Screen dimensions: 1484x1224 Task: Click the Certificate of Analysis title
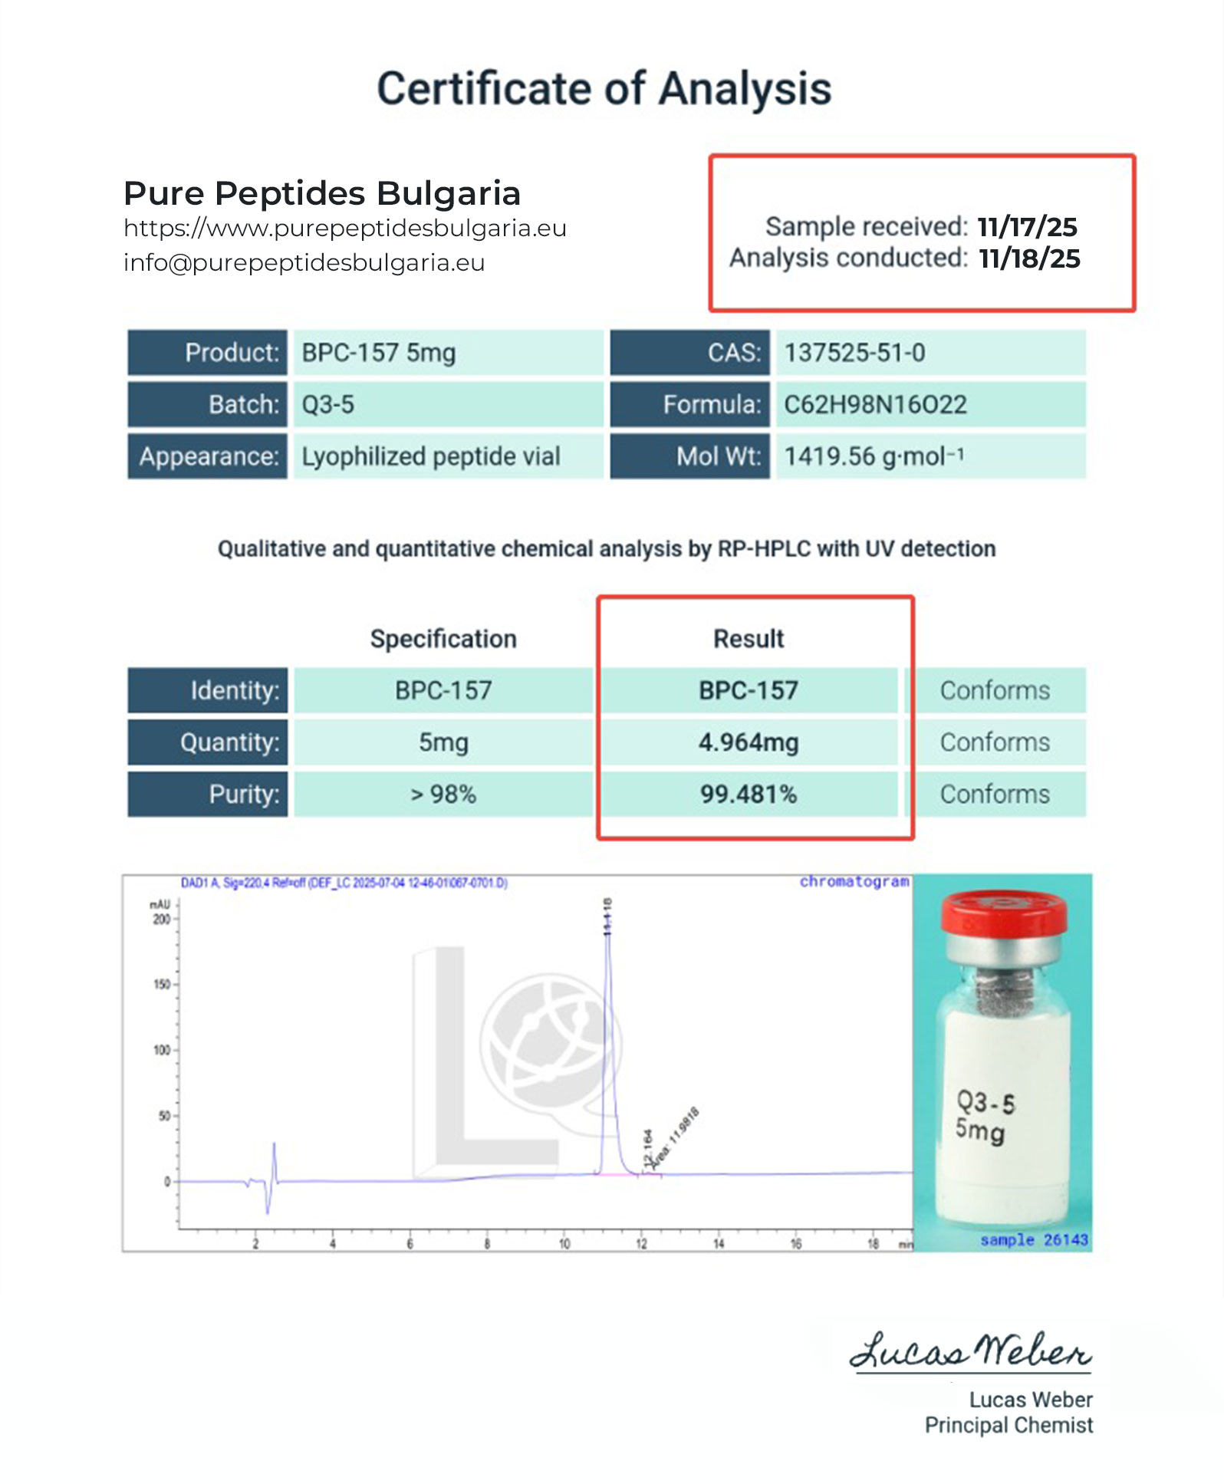[x=604, y=89]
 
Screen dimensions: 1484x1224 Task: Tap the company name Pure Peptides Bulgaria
[x=322, y=193]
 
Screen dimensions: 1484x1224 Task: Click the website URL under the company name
[x=344, y=229]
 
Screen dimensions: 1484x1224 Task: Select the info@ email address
[x=304, y=263]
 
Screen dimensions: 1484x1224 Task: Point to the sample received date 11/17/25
[x=1027, y=227]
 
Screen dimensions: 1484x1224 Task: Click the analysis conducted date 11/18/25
[x=1029, y=258]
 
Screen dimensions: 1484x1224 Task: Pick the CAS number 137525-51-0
[x=854, y=353]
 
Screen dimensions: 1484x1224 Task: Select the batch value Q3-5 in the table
[x=328, y=404]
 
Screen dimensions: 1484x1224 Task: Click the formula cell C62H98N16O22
[x=875, y=404]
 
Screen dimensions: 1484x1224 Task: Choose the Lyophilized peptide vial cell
[x=430, y=456]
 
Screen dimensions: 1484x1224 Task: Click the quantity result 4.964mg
[x=749, y=742]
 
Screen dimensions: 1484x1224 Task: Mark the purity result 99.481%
[x=749, y=794]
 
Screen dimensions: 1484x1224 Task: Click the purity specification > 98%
[x=443, y=794]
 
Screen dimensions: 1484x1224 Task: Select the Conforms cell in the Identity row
[x=995, y=690]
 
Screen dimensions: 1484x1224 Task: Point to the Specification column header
[x=443, y=639]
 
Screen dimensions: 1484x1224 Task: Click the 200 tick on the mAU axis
[x=162, y=919]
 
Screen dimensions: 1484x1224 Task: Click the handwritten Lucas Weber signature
[x=971, y=1352]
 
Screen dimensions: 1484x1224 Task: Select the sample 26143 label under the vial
[x=1034, y=1240]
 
